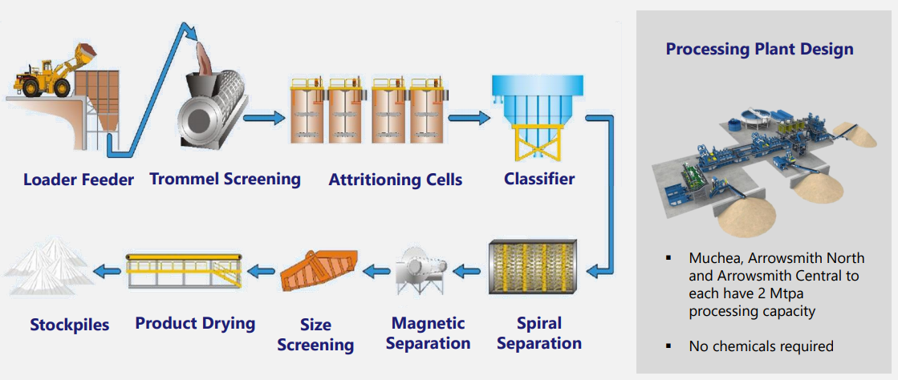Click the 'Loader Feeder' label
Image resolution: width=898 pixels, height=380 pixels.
[79, 180]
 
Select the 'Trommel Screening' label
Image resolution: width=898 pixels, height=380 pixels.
[225, 178]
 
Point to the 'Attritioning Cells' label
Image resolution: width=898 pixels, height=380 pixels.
[395, 180]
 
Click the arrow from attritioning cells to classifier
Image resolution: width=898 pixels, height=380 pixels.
[469, 119]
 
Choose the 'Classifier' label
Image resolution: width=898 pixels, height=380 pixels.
[539, 178]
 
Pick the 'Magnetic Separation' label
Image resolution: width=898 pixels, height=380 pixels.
[429, 334]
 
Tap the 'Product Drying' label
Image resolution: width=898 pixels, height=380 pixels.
[195, 324]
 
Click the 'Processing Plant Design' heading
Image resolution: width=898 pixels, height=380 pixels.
[759, 50]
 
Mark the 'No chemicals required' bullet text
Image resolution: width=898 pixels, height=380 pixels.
[761, 346]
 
